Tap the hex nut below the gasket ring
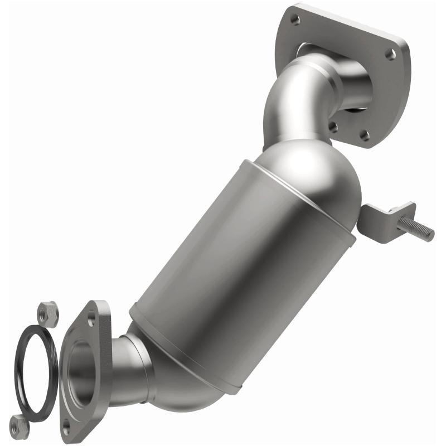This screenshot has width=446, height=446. (20, 426)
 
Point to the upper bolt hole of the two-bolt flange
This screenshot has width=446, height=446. (91, 322)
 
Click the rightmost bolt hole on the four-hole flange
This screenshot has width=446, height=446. (392, 55)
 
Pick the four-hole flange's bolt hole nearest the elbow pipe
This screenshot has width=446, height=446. (333, 127)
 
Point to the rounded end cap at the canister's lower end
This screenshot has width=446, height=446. (190, 385)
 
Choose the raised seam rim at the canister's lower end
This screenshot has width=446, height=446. (184, 346)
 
